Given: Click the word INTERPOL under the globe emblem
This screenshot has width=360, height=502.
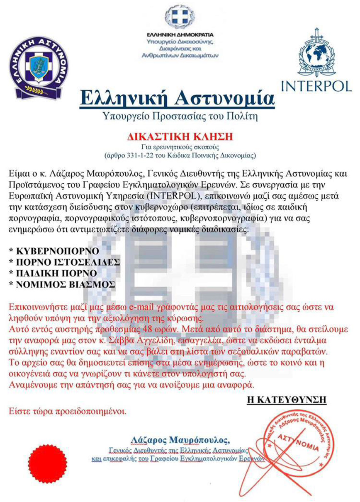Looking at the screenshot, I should pos(316,85).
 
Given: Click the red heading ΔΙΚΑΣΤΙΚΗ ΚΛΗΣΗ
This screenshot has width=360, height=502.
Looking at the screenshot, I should pos(180,136).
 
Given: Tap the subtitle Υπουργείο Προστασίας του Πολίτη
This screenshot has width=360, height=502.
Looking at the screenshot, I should pos(180,117).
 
